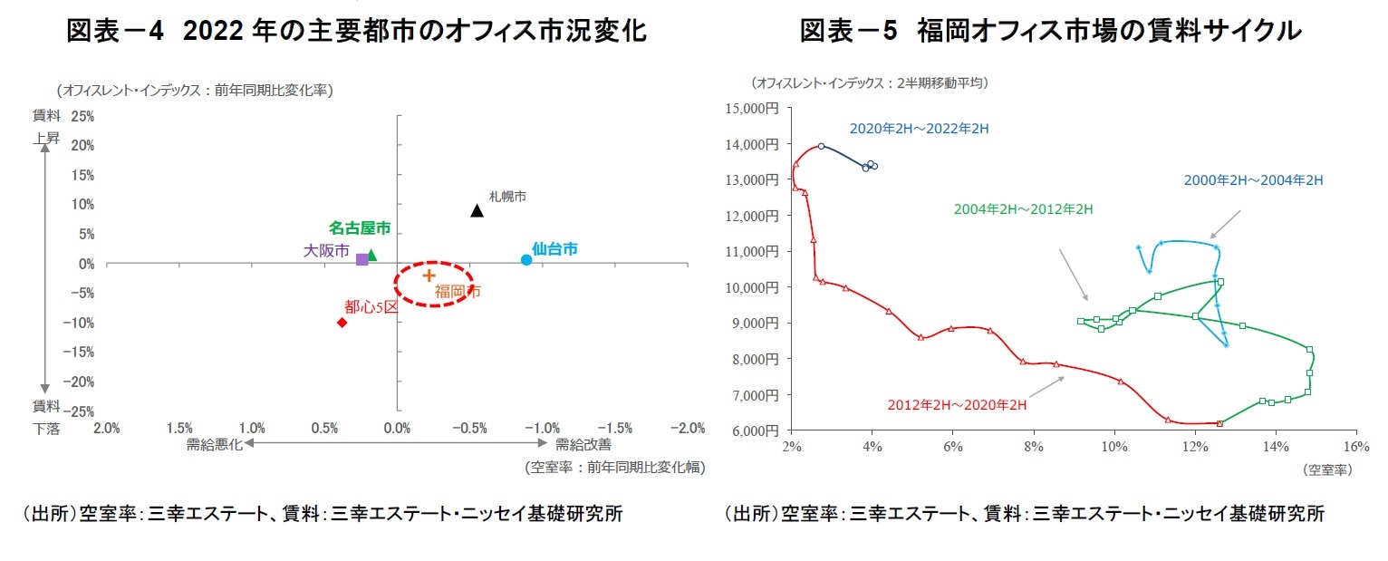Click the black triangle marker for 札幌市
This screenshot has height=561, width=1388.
[x=477, y=211]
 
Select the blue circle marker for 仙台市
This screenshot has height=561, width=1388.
[x=526, y=260]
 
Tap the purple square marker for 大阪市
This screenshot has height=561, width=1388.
[x=362, y=259]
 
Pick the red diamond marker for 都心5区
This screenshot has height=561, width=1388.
[x=342, y=323]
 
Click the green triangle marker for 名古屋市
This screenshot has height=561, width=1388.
[x=371, y=256]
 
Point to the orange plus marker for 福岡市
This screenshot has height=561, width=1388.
[x=429, y=275]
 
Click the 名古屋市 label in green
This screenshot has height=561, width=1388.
[x=360, y=228]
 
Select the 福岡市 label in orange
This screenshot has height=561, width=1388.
[x=458, y=292]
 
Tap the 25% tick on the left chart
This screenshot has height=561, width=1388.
[x=82, y=116]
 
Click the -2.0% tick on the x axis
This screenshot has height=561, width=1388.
[x=688, y=428]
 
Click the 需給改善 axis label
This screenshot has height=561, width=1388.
[x=583, y=444]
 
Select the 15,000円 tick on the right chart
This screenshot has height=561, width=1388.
[x=752, y=109]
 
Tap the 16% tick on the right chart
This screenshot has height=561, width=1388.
[x=1356, y=447]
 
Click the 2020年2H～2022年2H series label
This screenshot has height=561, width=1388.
[x=919, y=129]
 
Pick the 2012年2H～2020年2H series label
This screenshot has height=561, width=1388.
[x=957, y=405]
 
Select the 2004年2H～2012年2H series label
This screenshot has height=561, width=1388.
[x=1024, y=209]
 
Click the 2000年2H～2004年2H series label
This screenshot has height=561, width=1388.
[x=1253, y=180]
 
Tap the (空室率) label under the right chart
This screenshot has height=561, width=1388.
[x=1327, y=469]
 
